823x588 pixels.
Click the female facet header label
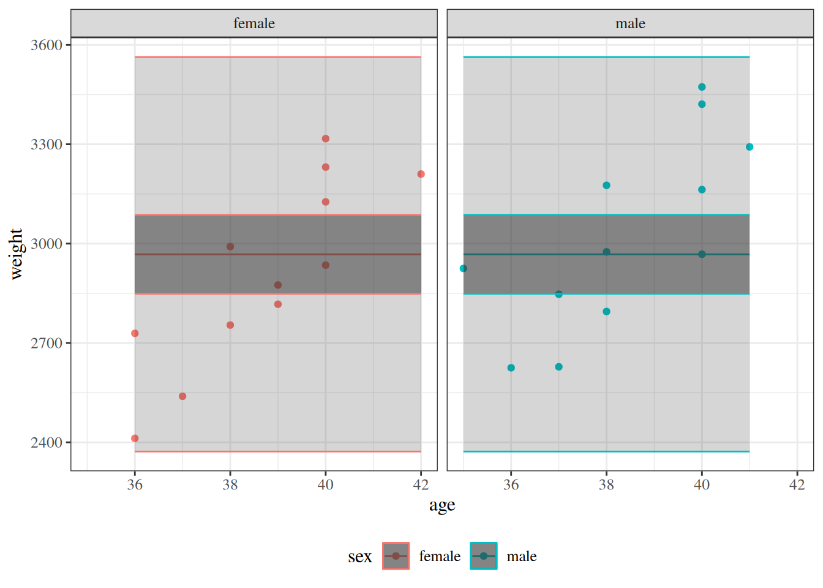click(x=254, y=23)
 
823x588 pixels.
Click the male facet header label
click(x=630, y=23)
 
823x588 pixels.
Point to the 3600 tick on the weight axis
click(x=47, y=45)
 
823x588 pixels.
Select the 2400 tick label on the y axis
click(x=47, y=443)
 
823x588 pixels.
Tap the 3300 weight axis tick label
click(x=47, y=145)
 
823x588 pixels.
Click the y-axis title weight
click(x=16, y=254)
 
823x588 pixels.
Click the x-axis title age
click(x=442, y=505)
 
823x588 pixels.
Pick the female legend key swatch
click(x=396, y=556)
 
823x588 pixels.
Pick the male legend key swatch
click(x=484, y=556)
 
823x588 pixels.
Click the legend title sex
click(x=359, y=557)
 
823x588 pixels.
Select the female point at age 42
click(x=421, y=174)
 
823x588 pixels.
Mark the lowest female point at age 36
click(x=135, y=439)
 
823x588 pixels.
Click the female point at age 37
click(x=182, y=396)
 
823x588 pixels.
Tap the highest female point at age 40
click(x=326, y=138)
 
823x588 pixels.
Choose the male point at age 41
click(x=750, y=147)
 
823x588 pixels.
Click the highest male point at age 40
click(x=702, y=87)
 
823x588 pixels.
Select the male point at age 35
click(x=464, y=268)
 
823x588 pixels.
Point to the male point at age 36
click(x=511, y=368)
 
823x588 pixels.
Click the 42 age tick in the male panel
click(x=797, y=484)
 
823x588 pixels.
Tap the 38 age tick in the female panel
click(x=230, y=484)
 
